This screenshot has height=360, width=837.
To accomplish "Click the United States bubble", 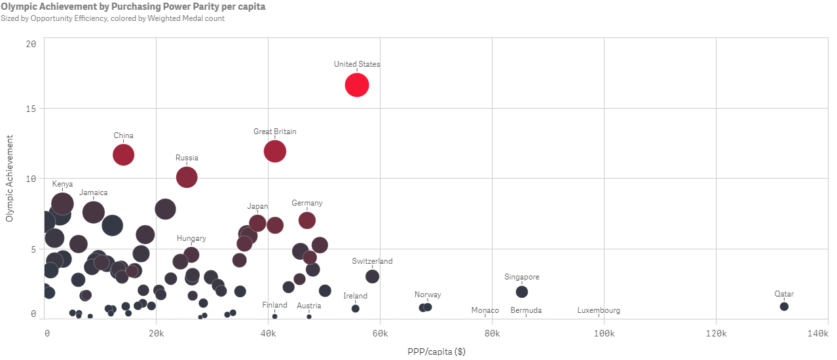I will point(357,85).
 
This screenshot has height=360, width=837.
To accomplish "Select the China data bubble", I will point(123,154).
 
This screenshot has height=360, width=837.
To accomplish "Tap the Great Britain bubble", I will point(275,151).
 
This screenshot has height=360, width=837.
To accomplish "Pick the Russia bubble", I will point(187,177).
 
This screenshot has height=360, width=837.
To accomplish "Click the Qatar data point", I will point(784,306).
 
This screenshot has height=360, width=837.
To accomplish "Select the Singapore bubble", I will point(521,291).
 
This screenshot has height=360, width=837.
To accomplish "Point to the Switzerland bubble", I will point(372,276).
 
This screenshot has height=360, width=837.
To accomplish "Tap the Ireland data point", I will point(355,308).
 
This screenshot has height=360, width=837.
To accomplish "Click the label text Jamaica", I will point(94,192).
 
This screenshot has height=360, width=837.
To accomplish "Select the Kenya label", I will point(62,184).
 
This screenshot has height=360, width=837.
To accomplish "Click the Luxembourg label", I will point(599,310).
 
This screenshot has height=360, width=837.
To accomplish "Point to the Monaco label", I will point(485,310).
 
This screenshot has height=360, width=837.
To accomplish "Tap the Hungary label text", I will point(191,238).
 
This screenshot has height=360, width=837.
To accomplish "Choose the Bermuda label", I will point(526,310).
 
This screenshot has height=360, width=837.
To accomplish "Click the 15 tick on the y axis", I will point(31,108).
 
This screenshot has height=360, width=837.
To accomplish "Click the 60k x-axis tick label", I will point(379,334).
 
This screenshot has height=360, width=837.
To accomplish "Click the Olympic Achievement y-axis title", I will point(9,178).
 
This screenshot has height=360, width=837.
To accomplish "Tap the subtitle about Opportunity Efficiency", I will point(113,18).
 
